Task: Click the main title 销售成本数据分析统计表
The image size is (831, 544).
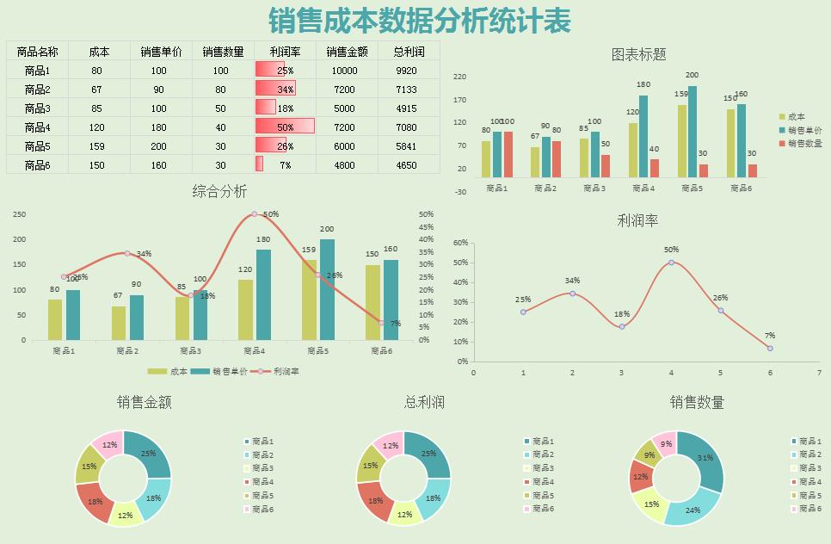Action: point(419,20)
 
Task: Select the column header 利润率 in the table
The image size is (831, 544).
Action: point(285,52)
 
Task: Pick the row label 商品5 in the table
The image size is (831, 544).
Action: point(37,146)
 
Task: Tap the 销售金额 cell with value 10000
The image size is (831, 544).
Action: point(344,71)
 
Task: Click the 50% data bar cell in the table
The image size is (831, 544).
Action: point(285,127)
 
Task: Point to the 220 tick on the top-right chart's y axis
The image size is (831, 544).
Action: point(459,77)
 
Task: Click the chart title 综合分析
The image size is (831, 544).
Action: point(219,191)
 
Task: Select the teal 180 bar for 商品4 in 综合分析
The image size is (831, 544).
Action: point(263,293)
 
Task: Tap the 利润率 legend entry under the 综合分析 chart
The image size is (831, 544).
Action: point(277,372)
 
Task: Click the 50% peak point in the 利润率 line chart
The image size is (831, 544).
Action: point(671,263)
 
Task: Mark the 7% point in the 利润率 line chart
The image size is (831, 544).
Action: point(770,349)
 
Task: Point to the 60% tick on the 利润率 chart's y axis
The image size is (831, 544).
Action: point(460,243)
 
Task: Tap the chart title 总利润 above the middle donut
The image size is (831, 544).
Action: point(424,402)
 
